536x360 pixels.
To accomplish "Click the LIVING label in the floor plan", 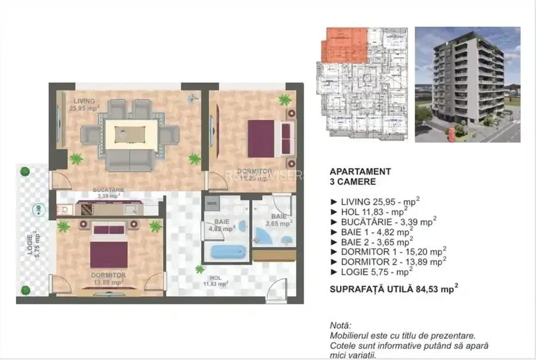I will point(84,101).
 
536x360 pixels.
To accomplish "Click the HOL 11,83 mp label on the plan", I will point(216,282).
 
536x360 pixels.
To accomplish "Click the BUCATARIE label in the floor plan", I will point(108,192).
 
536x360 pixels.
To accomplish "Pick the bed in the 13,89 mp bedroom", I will point(107,246).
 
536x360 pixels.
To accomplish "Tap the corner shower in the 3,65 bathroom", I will point(263,237).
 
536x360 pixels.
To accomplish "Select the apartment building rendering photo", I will point(467,84).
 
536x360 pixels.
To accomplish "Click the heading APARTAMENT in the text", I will point(360,171).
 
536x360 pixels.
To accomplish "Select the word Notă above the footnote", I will point(341,325).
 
